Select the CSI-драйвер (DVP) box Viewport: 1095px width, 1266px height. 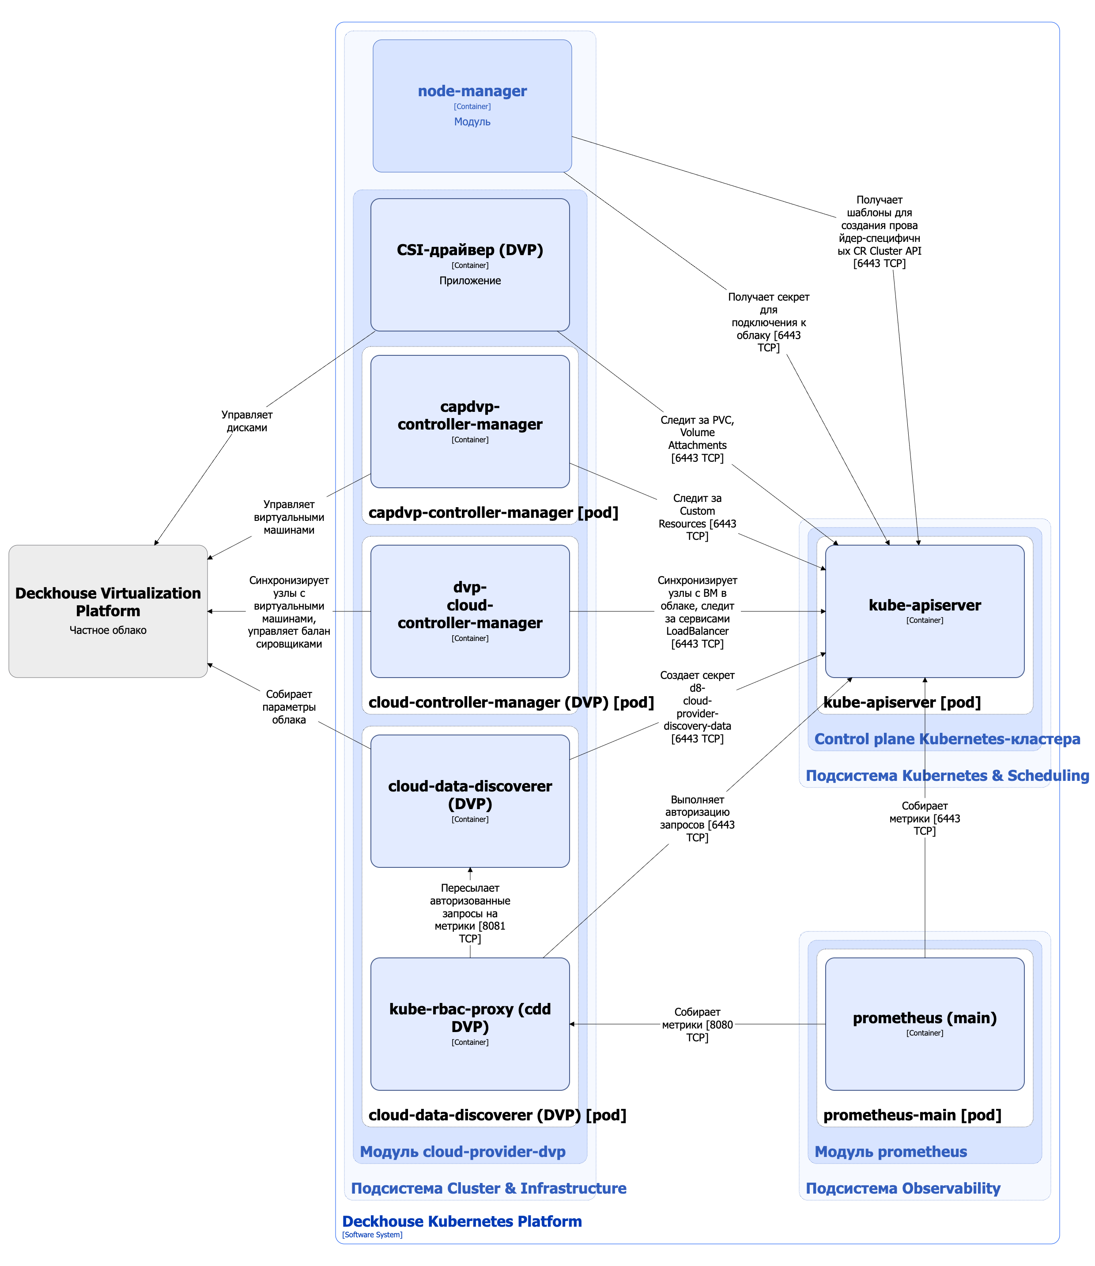(470, 264)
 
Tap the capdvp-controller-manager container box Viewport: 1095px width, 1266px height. (470, 422)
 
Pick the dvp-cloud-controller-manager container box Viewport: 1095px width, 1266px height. (470, 611)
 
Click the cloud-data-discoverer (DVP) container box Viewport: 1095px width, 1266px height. (470, 800)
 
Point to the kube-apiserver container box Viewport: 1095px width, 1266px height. (925, 611)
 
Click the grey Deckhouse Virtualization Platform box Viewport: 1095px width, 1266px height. (108, 611)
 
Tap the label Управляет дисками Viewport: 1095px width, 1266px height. (247, 421)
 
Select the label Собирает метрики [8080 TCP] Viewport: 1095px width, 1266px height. (697, 1025)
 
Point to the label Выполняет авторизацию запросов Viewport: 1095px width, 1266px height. (697, 818)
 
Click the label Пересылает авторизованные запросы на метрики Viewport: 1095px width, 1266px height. (470, 913)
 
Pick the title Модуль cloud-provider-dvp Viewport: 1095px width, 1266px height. (463, 1152)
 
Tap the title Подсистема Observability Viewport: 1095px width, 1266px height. (902, 1188)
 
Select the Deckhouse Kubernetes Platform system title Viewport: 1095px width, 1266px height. (461, 1221)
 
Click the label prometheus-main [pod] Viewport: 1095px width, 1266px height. (912, 1115)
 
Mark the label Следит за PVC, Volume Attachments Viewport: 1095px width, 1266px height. (697, 439)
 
